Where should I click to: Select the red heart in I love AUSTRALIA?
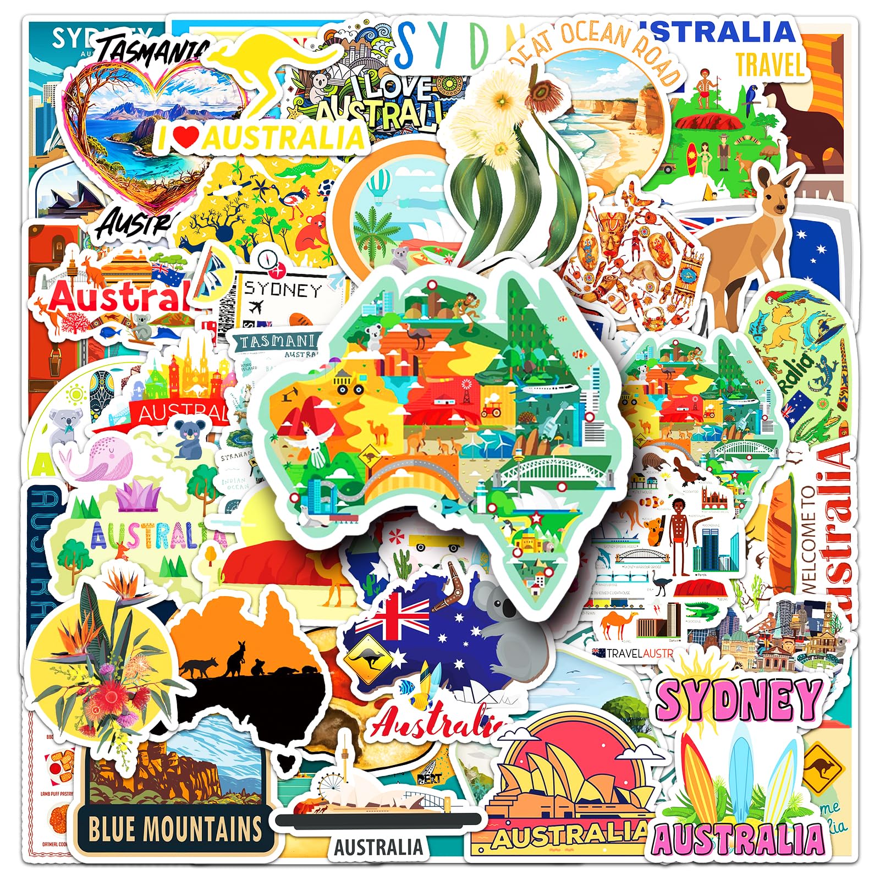coord(187,137)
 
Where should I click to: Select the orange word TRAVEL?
coord(770,65)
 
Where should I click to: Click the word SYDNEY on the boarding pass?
coord(283,290)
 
